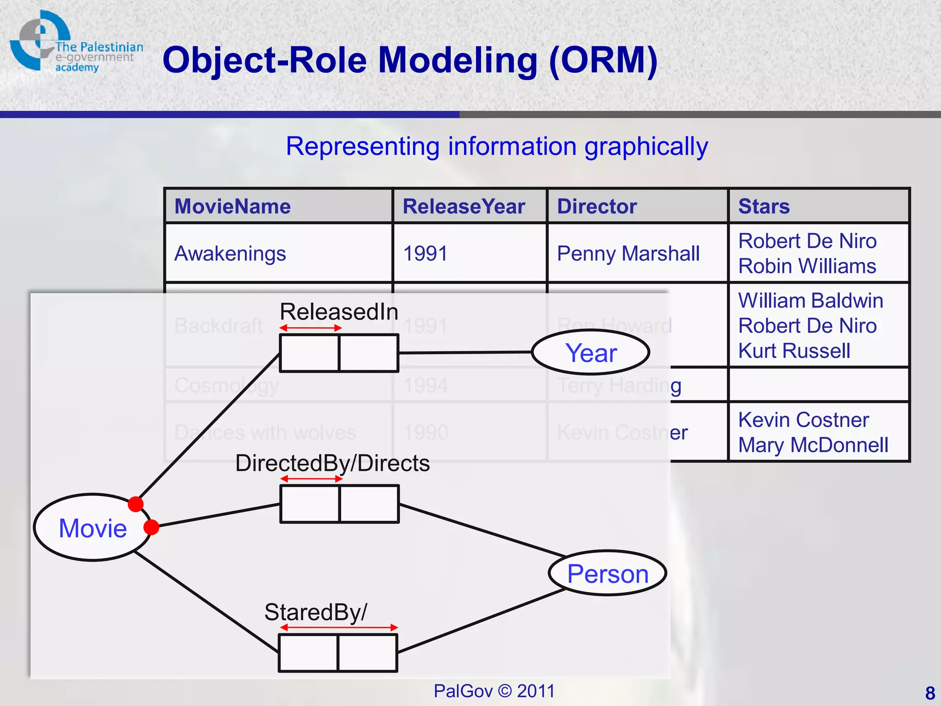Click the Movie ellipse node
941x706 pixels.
93,528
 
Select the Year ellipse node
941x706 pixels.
591,353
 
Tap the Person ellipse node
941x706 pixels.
607,573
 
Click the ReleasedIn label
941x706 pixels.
339,312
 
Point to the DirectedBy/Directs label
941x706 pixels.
332,463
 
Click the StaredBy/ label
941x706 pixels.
316,612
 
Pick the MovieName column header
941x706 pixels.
232,206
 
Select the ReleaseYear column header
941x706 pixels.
464,206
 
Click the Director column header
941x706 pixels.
597,206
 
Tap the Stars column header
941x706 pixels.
764,206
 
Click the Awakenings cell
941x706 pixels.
230,253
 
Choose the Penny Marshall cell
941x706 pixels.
628,253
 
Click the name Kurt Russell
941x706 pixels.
794,351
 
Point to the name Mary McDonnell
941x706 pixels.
813,445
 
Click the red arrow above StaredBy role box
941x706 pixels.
339,627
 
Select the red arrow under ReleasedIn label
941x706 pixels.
311,328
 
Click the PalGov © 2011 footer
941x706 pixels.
494,691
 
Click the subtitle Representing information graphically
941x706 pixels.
497,146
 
